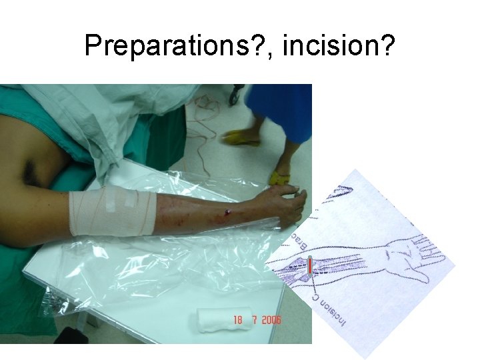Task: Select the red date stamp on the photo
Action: pyautogui.click(x=257, y=320)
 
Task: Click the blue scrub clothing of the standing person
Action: pyautogui.click(x=280, y=110)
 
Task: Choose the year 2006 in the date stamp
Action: pyautogui.click(x=271, y=320)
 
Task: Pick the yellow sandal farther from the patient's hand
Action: pyautogui.click(x=241, y=139)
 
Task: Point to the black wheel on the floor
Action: pyautogui.click(x=234, y=96)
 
